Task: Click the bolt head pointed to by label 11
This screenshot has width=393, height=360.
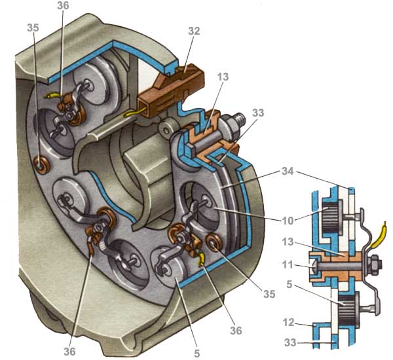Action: tap(314, 266)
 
